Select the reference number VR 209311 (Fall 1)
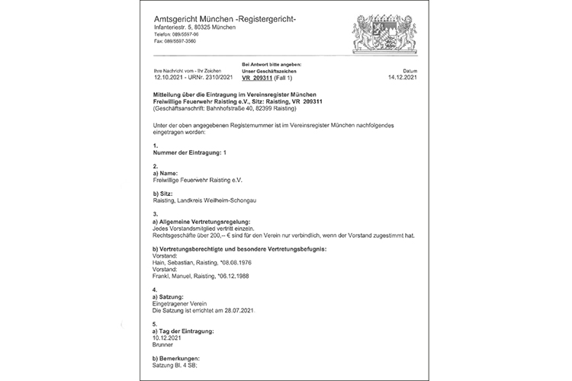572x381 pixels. click(x=271, y=78)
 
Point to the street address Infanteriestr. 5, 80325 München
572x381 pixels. click(x=194, y=27)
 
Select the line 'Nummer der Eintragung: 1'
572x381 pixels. click(x=190, y=152)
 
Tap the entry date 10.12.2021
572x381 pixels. click(x=170, y=338)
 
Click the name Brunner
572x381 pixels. click(x=164, y=344)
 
